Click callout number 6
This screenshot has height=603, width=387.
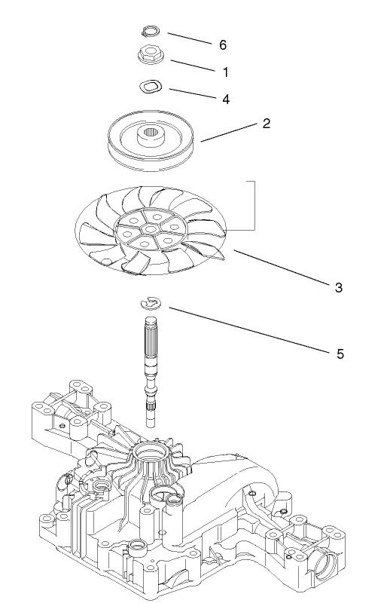coord(222,45)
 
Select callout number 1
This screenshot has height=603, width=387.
coord(225,72)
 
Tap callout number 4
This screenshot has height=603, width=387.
coord(225,99)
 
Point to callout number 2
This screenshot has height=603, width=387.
coord(266,124)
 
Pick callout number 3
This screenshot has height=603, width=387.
coord(339,287)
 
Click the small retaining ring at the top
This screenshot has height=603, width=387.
coord(151,32)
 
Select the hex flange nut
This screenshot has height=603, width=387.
coord(151,55)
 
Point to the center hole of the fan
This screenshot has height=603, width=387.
coord(151,228)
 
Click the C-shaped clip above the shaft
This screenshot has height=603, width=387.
coord(151,302)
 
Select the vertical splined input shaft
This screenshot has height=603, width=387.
coord(151,354)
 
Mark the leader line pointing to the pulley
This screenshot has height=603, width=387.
coord(230,131)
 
